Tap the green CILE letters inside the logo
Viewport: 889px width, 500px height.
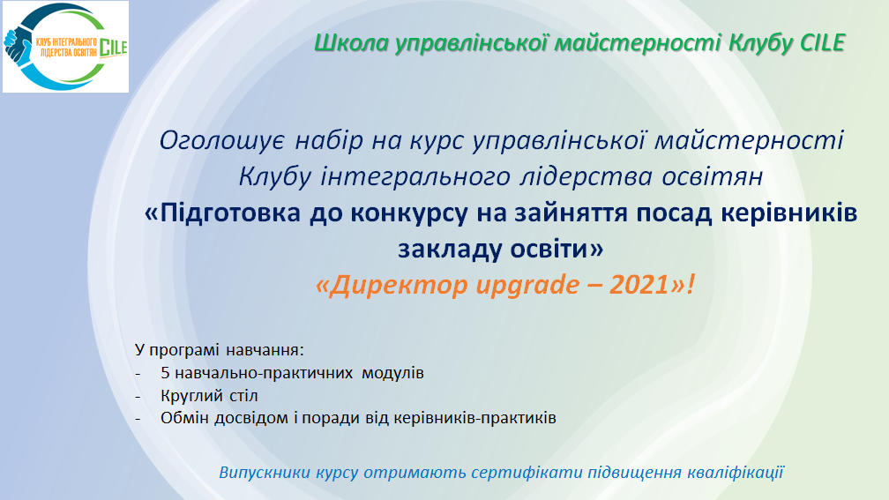(x=113, y=48)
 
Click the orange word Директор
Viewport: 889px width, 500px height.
(x=393, y=286)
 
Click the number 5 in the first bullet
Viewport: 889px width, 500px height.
(x=165, y=372)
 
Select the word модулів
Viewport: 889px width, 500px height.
(x=394, y=372)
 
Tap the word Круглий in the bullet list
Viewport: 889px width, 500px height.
(x=189, y=395)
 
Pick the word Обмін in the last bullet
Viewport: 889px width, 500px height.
(x=183, y=417)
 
